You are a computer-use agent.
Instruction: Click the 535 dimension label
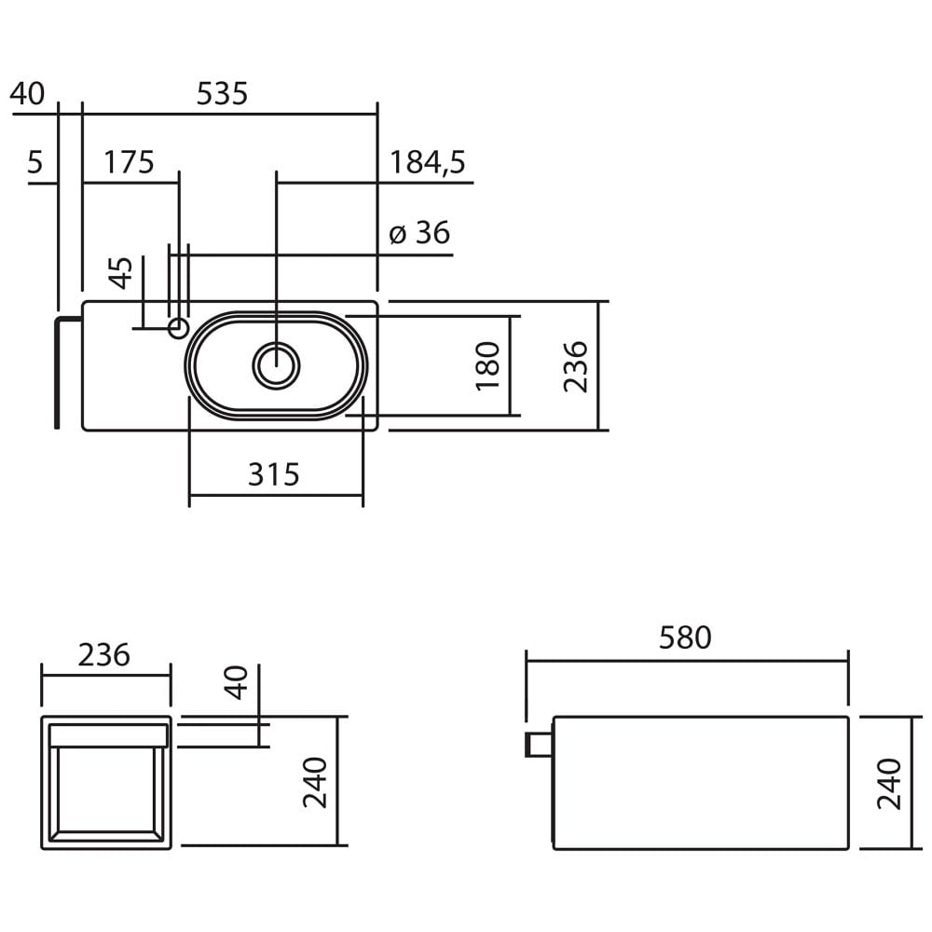[x=222, y=94]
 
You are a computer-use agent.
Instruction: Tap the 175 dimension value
[x=129, y=162]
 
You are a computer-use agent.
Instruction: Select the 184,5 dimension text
[x=428, y=163]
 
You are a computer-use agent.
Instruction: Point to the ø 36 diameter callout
[x=419, y=232]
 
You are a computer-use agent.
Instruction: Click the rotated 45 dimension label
[x=122, y=273]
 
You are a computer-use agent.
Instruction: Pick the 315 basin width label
[x=273, y=474]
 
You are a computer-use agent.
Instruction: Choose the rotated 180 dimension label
[x=488, y=365]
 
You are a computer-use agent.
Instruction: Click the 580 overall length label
[x=685, y=637]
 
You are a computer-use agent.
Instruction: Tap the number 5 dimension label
[x=35, y=162]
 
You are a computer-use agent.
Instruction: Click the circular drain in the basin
[x=277, y=365]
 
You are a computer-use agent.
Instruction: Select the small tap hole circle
[x=178, y=327]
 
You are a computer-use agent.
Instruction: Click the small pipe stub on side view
[x=539, y=745]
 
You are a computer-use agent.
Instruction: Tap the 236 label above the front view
[x=104, y=655]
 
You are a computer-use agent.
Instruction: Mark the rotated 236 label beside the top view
[x=575, y=366]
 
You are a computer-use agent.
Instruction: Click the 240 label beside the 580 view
[x=890, y=784]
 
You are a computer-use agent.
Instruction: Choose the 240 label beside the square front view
[x=315, y=782]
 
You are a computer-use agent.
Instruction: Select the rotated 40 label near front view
[x=236, y=682]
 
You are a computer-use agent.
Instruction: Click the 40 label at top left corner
[x=27, y=94]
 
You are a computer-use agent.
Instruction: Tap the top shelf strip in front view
[x=109, y=736]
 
